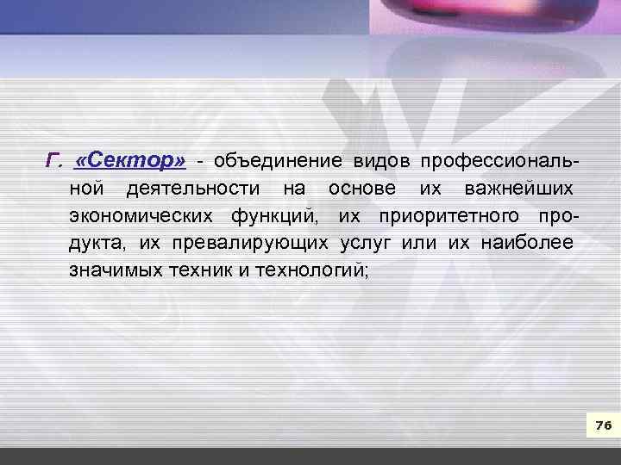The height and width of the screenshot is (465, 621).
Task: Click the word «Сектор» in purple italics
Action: click(x=130, y=161)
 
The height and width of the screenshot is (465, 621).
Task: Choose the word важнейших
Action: click(x=517, y=189)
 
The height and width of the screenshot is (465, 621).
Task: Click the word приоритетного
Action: click(x=451, y=215)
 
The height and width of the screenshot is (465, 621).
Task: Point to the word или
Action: click(x=419, y=243)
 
